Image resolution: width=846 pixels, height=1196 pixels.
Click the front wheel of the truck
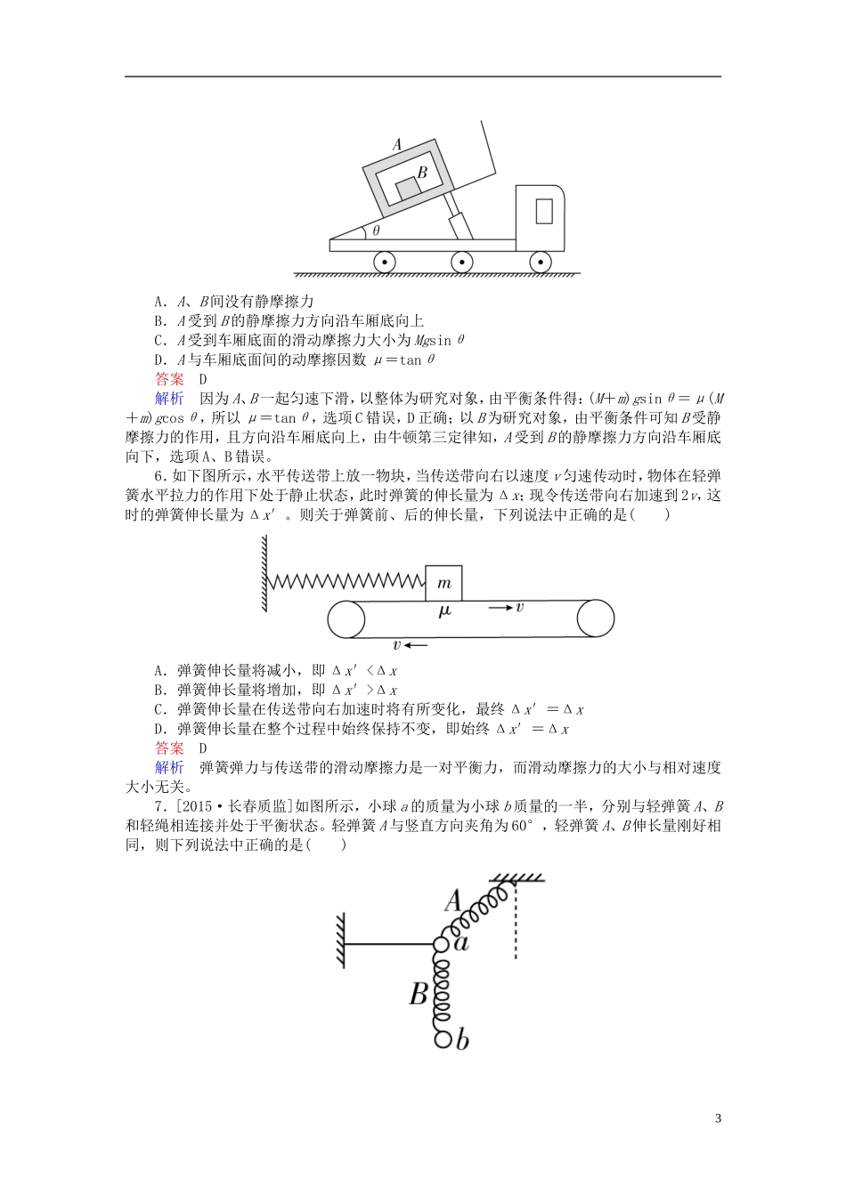(540, 262)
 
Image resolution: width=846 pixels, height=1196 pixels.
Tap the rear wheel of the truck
(384, 262)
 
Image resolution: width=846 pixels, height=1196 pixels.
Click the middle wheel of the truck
(461, 262)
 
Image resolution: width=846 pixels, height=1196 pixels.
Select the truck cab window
(544, 211)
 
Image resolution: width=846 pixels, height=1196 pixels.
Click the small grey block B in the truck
(408, 189)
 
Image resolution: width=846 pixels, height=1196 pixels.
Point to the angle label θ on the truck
(376, 230)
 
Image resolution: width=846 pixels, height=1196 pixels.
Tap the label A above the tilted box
(397, 143)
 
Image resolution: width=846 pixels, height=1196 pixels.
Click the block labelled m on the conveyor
(443, 583)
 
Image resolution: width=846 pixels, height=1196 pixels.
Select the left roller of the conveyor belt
(346, 618)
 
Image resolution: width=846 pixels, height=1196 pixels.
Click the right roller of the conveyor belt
(595, 618)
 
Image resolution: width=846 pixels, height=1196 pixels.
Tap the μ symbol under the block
(444, 610)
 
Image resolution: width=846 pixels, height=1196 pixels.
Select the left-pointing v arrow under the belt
(411, 645)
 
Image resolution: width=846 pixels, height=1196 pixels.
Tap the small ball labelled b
(442, 1037)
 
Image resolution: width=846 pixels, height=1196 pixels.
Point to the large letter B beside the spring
(419, 993)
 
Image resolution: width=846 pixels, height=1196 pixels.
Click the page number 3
(718, 1119)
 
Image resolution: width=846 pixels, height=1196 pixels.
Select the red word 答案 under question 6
(169, 748)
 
